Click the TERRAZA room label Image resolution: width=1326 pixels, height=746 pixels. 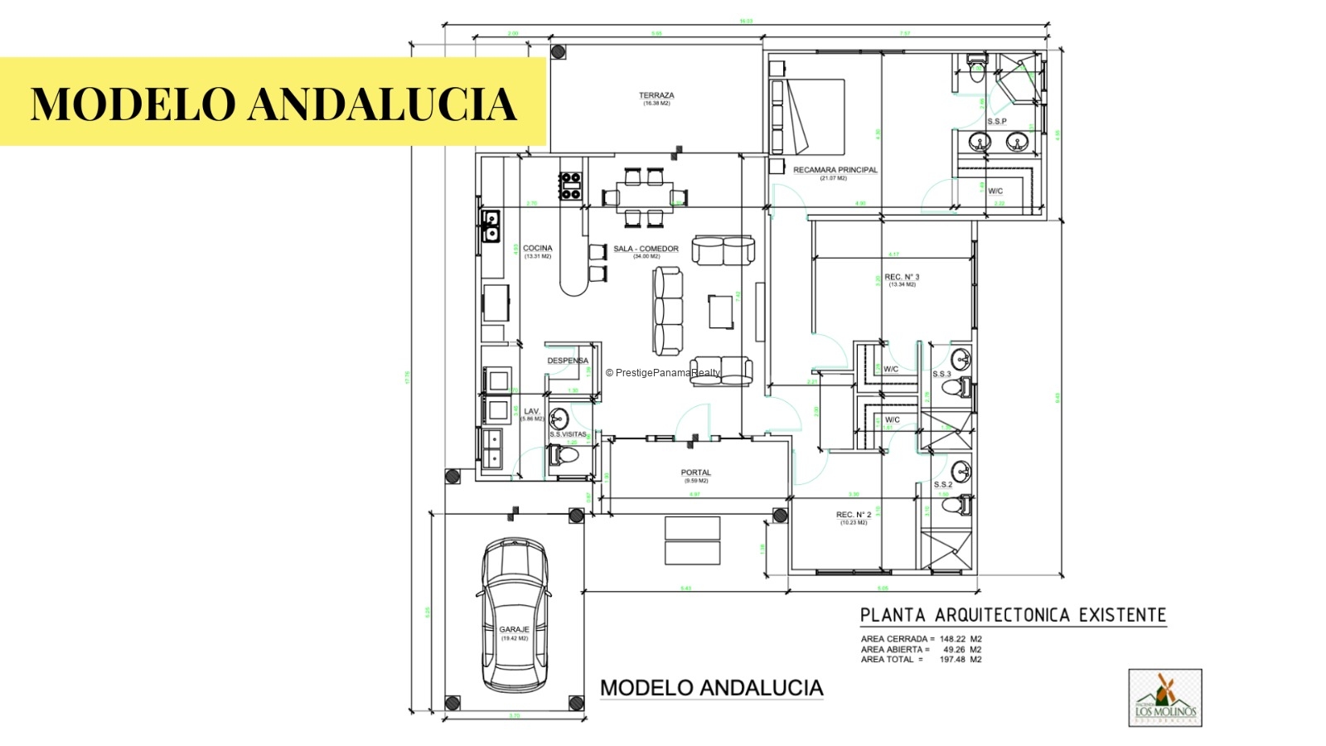tap(656, 96)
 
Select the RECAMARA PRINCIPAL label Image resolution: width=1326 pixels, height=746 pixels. tap(835, 170)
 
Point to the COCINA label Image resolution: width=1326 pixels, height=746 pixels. tap(537, 249)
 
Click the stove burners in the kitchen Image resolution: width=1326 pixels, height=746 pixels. tap(570, 186)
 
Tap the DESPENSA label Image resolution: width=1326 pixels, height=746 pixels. tap(568, 361)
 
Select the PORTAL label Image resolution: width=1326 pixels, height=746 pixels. tap(695, 472)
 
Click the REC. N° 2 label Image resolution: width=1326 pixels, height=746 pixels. tap(853, 515)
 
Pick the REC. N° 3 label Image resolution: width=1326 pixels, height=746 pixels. tap(902, 278)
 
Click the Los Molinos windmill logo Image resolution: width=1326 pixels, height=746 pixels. tap(1165, 697)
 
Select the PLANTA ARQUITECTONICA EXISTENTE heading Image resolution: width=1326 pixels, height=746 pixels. tap(1013, 615)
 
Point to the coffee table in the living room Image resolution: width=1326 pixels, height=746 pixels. tap(720, 312)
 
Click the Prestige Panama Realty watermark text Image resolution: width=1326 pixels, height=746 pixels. tap(663, 373)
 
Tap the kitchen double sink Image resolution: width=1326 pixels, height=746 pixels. tap(491, 225)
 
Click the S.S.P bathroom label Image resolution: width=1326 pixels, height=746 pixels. tap(996, 122)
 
